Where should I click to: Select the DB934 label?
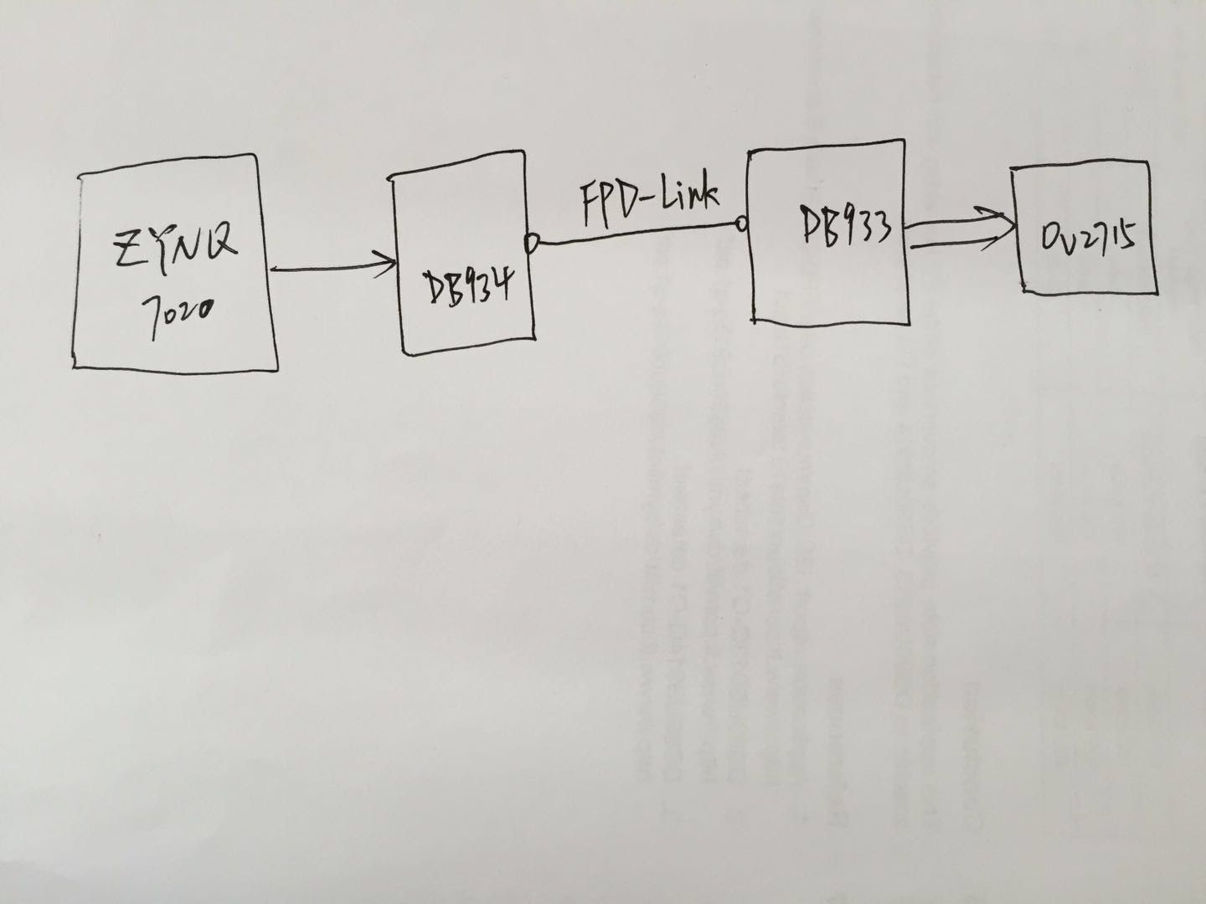pyautogui.click(x=465, y=290)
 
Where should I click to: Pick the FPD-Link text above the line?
pyautogui.click(x=649, y=202)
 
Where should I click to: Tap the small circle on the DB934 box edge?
pyautogui.click(x=530, y=243)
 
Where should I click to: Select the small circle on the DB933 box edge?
pyautogui.click(x=740, y=223)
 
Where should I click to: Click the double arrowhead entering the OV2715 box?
pyautogui.click(x=1003, y=228)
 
